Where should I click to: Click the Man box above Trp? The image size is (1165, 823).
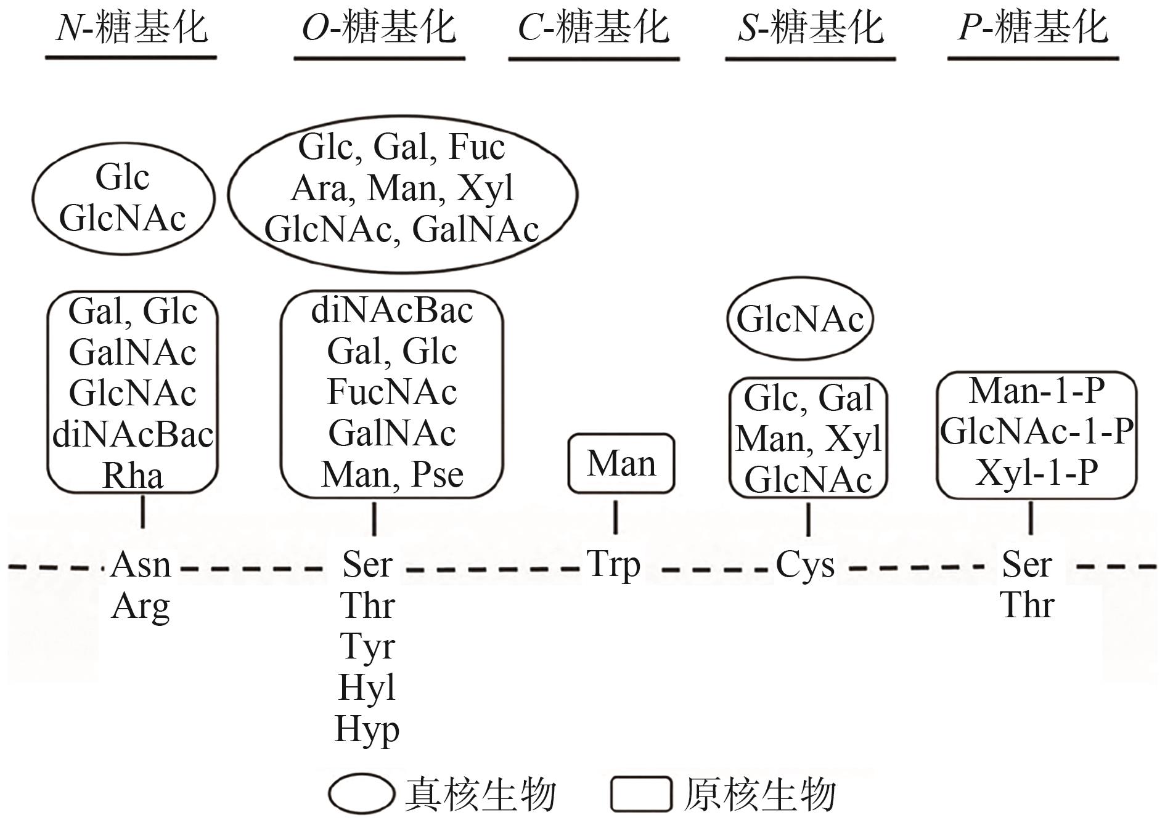621,463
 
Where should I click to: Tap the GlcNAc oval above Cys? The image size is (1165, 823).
800,319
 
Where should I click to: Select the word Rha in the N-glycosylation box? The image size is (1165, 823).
133,476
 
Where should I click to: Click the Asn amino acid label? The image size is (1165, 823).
141,565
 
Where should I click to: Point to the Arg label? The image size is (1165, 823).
141,606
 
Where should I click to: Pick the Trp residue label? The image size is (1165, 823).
613,565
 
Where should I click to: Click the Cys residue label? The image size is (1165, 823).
805,565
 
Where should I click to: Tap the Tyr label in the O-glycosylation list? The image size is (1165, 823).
367,647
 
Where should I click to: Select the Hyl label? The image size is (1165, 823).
367,688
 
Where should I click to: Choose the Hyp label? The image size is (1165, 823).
367,730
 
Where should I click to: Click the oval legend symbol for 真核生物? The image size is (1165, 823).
361,793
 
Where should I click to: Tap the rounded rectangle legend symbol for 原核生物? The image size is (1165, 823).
641,793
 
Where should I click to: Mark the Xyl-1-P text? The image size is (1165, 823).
1037,472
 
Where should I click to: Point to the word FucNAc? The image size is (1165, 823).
392,392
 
